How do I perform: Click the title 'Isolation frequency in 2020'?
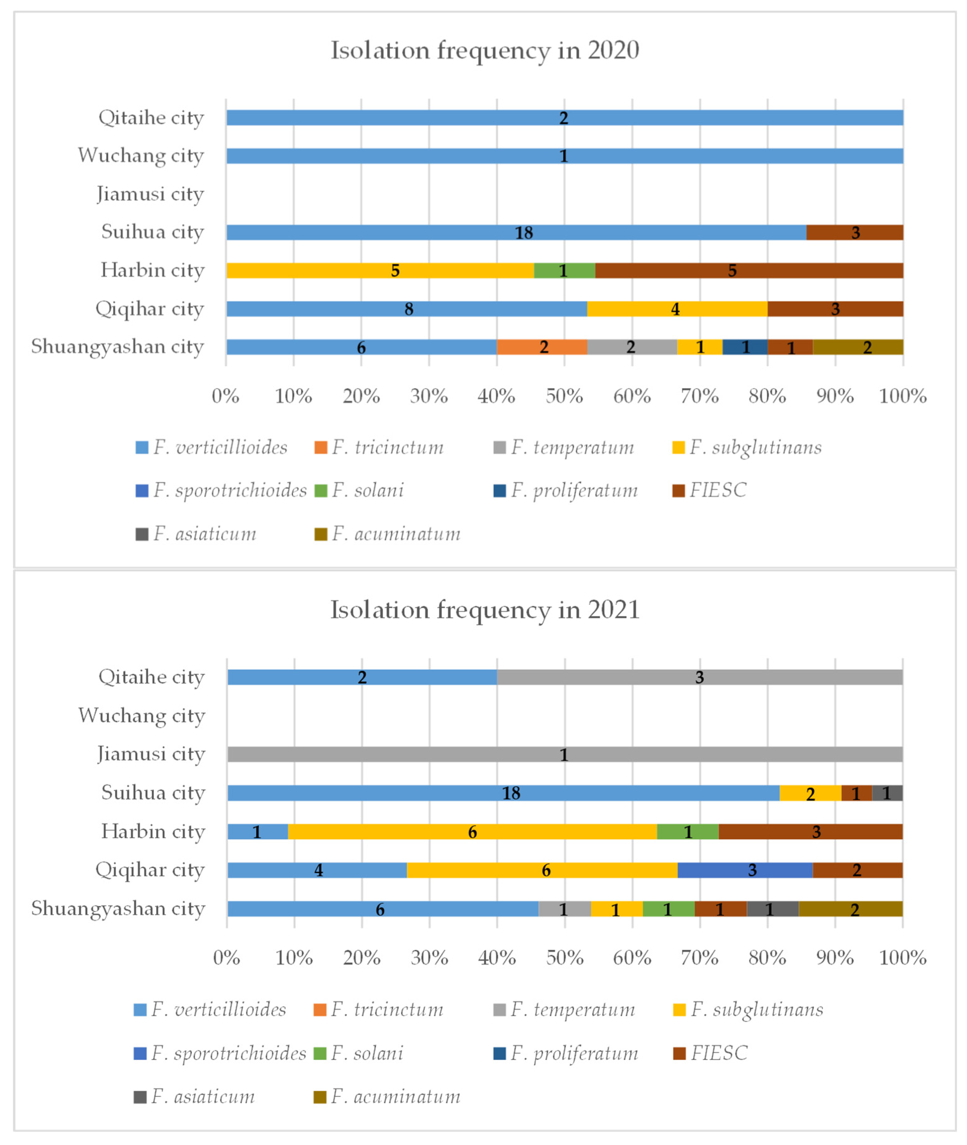485,50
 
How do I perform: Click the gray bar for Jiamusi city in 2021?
565,754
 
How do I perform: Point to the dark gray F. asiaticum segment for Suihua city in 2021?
887,793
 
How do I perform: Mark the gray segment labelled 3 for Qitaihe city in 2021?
699,677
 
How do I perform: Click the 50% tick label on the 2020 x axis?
564,396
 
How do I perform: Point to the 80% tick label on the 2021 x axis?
767,958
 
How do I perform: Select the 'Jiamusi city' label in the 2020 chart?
150,194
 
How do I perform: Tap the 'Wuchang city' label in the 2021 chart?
141,715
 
